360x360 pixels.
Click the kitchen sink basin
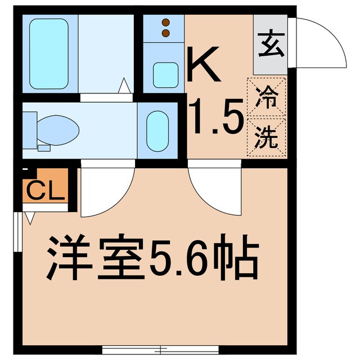coord(164,71)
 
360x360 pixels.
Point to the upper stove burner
coord(165,22)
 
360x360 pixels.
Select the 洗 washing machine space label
coord(266,138)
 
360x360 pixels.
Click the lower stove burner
coord(165,33)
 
